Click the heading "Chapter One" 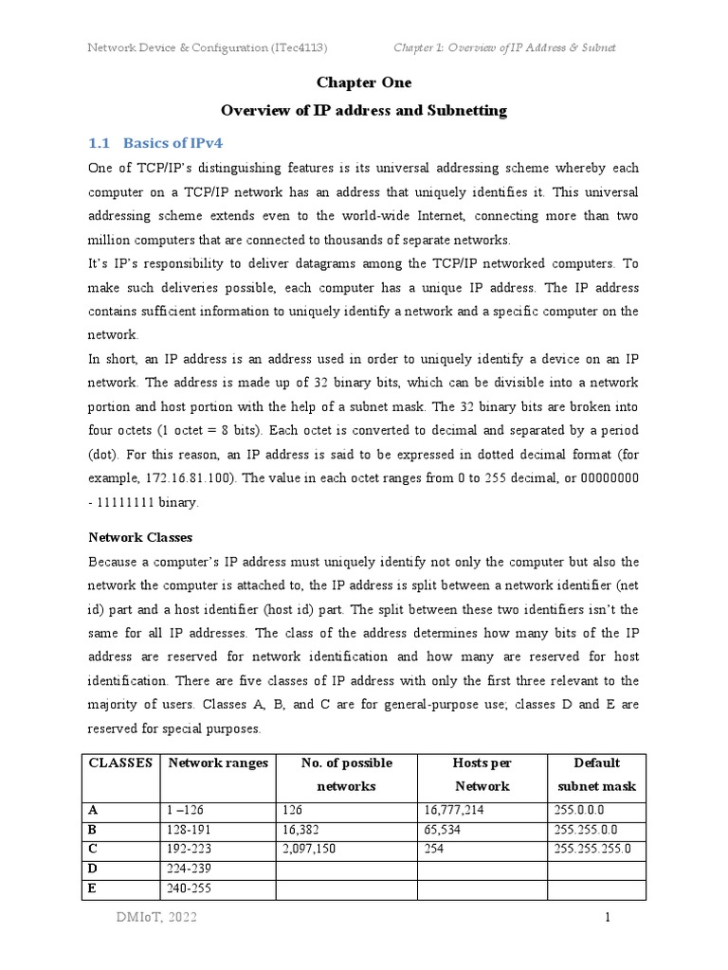coord(364,83)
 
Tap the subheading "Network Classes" coord(136,537)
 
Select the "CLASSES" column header coord(120,763)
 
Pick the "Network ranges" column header coord(217,763)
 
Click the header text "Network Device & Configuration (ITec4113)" coord(208,47)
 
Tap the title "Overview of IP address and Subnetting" coord(364,111)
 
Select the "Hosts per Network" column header coord(482,774)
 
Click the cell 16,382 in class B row coord(301,829)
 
